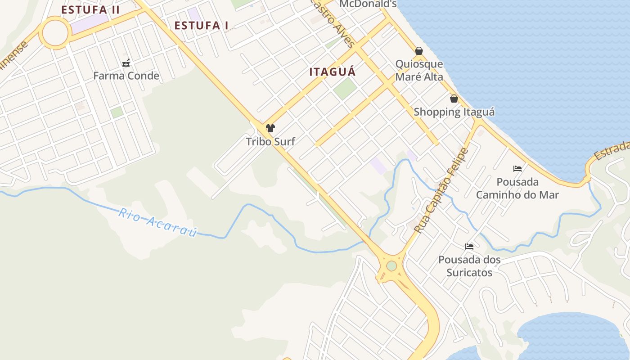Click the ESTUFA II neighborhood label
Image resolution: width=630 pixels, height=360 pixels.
click(x=90, y=10)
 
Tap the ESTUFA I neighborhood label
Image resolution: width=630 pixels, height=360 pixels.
click(x=201, y=26)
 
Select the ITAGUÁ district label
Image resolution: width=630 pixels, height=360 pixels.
click(x=333, y=72)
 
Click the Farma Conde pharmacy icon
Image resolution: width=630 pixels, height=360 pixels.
click(x=126, y=63)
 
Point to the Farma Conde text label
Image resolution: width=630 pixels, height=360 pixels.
click(x=126, y=76)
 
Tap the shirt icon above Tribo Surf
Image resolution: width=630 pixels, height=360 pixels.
click(x=270, y=128)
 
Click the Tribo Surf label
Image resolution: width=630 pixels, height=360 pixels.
click(x=270, y=142)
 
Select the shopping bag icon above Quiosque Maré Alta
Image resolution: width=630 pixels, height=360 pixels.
click(x=419, y=51)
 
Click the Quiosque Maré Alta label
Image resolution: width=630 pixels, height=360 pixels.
click(x=419, y=71)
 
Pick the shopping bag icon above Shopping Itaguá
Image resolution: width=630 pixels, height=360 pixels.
click(x=454, y=99)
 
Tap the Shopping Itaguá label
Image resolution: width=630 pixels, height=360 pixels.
click(x=454, y=112)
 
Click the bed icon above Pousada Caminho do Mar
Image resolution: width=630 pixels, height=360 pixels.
click(x=517, y=169)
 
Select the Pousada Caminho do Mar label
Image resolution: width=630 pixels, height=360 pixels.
click(x=517, y=189)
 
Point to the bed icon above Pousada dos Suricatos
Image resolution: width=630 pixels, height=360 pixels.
click(x=469, y=246)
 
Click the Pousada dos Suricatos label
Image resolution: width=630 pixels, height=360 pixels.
click(x=469, y=266)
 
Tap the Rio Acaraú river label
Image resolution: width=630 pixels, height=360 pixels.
click(x=158, y=222)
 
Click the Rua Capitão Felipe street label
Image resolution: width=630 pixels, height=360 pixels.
click(x=441, y=191)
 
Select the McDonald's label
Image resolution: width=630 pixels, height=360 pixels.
click(x=368, y=4)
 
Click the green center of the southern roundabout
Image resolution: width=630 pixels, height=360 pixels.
click(x=391, y=266)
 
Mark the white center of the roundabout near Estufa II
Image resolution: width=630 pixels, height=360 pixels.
click(x=55, y=33)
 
